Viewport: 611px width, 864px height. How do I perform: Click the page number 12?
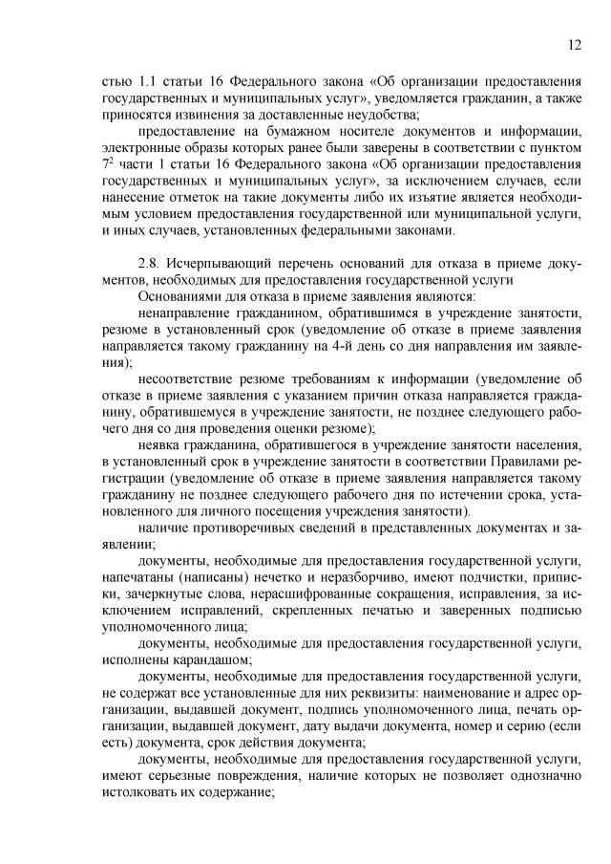(x=574, y=43)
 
